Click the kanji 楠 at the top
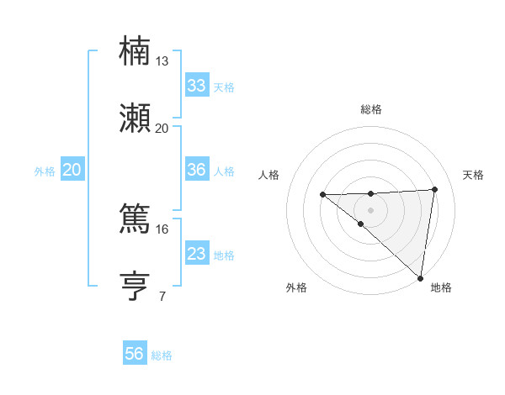point(135,50)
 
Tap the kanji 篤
point(135,219)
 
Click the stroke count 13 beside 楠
point(162,61)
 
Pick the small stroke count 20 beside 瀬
point(162,129)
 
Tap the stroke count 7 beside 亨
point(162,297)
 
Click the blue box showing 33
point(196,86)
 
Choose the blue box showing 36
point(196,170)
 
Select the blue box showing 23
point(196,254)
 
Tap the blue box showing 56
point(135,354)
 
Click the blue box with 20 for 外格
point(72,170)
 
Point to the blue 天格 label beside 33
point(224,87)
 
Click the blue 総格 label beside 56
point(162,355)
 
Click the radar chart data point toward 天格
point(434,190)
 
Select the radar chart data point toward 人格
point(322,195)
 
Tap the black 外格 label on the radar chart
point(296,287)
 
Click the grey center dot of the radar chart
point(370,209)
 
